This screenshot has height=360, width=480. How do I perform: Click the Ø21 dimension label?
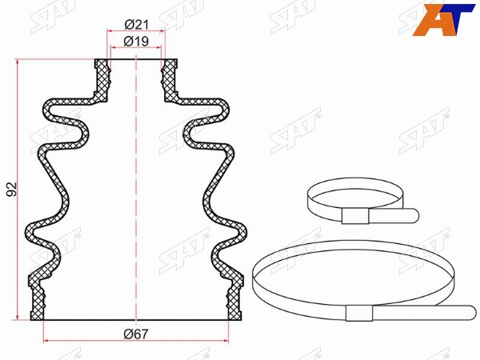coord(137,25)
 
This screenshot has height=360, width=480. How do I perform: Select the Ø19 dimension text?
coord(136,42)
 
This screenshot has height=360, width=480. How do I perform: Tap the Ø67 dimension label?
coord(136,334)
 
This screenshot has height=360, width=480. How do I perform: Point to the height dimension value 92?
coord(12,189)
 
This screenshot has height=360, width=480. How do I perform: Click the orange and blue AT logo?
coord(442,20)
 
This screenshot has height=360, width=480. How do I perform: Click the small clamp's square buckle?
coord(355,216)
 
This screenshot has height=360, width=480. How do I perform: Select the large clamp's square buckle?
coord(359,313)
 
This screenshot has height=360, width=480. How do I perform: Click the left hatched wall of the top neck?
coord(102,79)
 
